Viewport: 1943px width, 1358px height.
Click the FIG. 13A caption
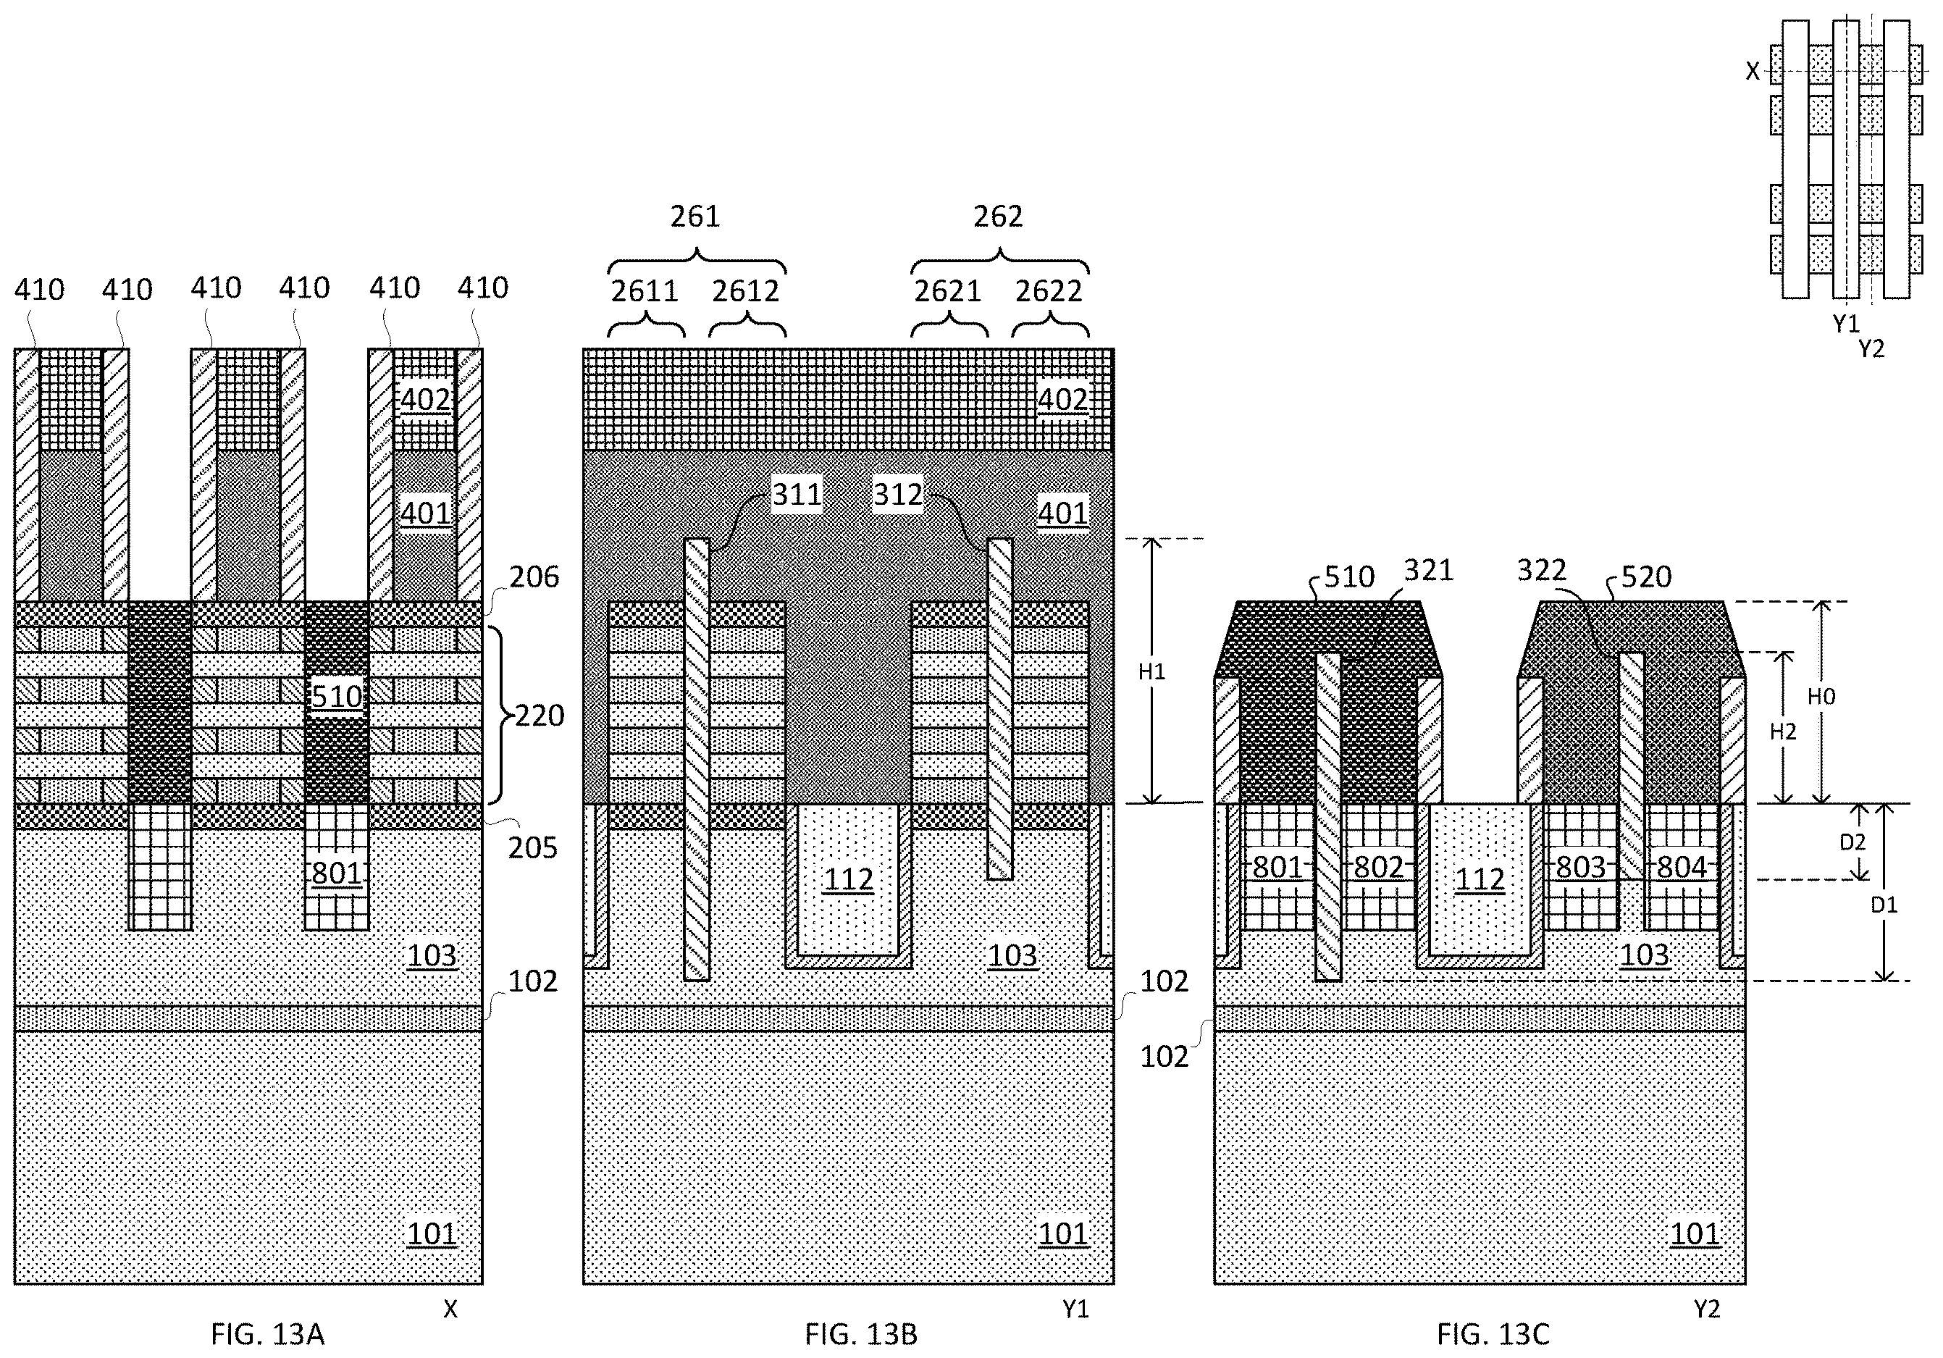pos(267,1334)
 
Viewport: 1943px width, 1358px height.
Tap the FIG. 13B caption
pos(860,1334)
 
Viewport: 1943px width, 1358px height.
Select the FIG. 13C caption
pos(1493,1334)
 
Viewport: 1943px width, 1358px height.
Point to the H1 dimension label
pos(1151,672)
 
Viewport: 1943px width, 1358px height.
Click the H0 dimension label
pos(1821,696)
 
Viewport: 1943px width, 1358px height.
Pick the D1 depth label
pos(1883,905)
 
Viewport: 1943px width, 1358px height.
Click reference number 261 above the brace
pos(696,217)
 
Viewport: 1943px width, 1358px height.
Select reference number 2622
pos(1049,291)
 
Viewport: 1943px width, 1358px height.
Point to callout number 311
pos(797,494)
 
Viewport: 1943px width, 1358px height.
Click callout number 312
pos(898,494)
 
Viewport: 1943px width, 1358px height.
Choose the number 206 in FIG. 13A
pos(534,577)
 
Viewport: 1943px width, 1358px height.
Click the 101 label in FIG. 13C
pos(1695,1233)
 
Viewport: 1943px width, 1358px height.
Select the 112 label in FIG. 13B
pos(848,879)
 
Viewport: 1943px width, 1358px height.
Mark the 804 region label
pos(1681,866)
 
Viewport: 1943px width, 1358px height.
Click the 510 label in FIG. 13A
pos(337,696)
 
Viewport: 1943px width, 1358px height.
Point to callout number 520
pos(1647,577)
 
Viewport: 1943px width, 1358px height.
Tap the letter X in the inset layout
pos(1753,71)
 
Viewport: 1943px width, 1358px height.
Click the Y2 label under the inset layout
pos(1871,348)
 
